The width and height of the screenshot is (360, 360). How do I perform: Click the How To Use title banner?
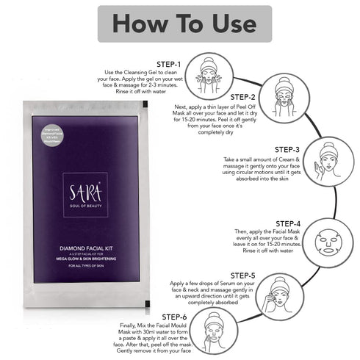(x=180, y=24)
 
